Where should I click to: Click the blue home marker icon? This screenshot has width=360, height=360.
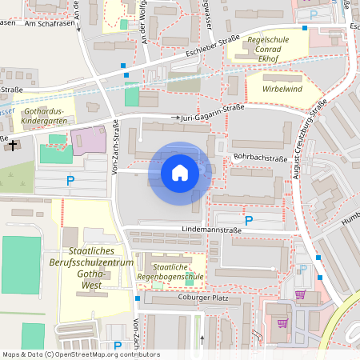180,173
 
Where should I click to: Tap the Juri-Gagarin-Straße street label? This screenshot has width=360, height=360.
213,117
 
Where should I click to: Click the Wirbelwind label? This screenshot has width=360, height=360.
277,89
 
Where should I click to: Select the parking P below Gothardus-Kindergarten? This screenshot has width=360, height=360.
70,181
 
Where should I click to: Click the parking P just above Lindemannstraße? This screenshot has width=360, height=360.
248,219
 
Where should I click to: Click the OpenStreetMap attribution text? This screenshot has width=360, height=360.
81,354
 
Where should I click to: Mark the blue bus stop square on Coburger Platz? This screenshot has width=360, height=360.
138,298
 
